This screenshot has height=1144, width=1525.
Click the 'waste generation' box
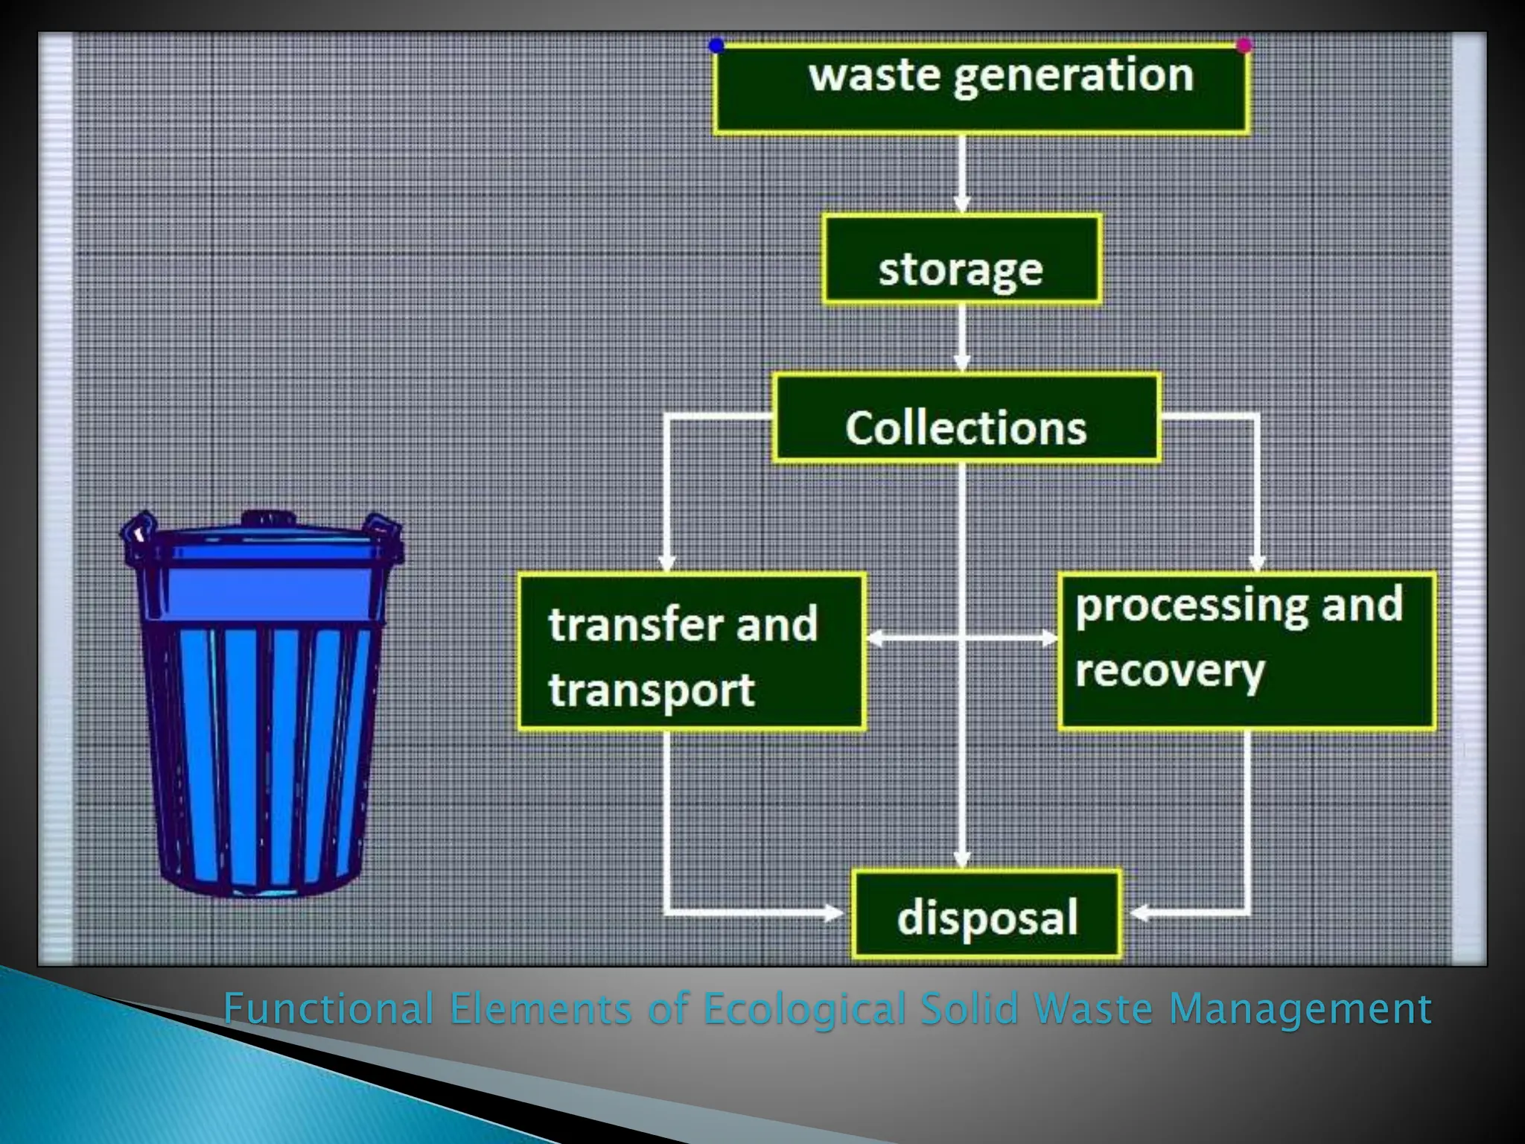[981, 89]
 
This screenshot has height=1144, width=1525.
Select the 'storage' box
[961, 259]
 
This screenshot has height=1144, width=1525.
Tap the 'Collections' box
[967, 418]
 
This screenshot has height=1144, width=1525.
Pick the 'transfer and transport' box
[692, 651]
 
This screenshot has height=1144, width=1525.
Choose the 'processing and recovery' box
[1246, 650]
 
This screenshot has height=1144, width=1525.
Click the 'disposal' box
[986, 914]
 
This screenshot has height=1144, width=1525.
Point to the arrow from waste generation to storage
[962, 176]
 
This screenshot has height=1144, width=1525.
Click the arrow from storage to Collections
[962, 339]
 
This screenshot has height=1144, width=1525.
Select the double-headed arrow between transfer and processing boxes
[962, 638]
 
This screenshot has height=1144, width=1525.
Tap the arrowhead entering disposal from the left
[834, 912]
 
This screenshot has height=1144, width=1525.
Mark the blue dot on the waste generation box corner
[716, 46]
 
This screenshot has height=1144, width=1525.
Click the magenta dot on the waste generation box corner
[1244, 46]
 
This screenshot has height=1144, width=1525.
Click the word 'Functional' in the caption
[328, 1009]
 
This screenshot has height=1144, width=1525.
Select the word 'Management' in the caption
[1300, 1009]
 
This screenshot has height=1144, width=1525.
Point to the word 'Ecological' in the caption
[805, 1009]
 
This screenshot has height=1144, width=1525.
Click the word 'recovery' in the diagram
[1170, 671]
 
